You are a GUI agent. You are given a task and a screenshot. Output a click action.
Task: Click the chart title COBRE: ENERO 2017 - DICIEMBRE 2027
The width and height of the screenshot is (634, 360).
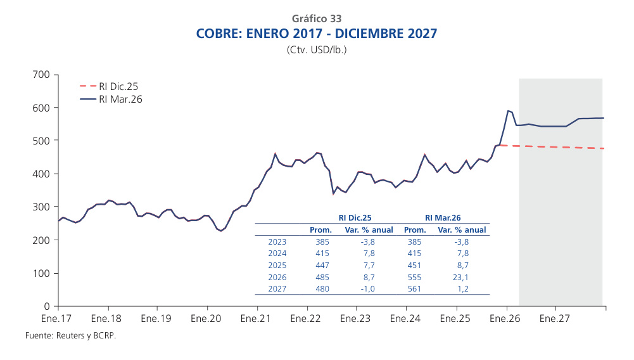point(317,34)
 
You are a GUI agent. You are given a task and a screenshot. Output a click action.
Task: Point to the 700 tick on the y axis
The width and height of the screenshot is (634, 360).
point(41,75)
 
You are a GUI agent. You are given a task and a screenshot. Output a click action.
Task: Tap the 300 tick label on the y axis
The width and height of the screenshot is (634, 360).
point(41,207)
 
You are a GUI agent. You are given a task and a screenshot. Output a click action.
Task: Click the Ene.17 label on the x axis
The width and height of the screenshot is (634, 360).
point(58,319)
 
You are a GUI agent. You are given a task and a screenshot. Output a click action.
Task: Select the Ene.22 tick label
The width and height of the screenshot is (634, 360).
point(307,319)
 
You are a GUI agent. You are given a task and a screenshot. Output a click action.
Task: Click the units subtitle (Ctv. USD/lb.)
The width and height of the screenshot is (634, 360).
point(317,49)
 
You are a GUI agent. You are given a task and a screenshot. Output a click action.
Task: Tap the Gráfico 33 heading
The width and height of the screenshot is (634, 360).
point(317,19)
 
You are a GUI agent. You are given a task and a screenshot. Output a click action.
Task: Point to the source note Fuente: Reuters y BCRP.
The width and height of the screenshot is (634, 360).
point(70,335)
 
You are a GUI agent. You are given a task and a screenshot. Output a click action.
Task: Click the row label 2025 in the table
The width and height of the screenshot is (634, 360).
point(277,265)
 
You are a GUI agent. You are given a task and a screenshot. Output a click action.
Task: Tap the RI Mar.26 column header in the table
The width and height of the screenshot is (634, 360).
point(442,217)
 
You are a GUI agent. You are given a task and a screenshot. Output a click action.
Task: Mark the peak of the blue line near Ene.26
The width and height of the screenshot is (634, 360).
point(508,111)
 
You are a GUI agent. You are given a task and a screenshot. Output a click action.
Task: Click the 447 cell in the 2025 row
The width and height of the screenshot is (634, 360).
point(322,265)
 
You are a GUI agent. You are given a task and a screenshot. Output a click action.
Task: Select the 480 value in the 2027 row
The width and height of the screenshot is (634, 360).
point(322,289)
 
